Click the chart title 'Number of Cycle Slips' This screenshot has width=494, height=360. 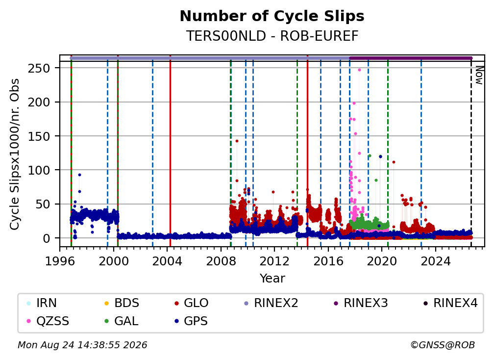pos(272,16)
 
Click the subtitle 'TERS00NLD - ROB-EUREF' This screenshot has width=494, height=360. pos(272,36)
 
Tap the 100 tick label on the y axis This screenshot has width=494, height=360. pos(39,170)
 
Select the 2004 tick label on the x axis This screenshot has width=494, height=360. pos(167,261)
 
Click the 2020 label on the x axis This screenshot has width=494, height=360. pos(382,261)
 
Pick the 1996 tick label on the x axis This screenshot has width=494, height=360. pos(60,261)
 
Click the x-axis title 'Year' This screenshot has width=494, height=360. pos(272,279)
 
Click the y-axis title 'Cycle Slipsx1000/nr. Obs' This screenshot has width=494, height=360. pos(15,154)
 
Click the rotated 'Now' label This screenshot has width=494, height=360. pos(479,75)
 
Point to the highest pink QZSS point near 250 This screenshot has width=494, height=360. pos(359,70)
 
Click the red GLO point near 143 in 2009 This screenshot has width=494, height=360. pos(237,141)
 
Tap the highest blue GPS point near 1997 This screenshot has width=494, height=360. pos(80,175)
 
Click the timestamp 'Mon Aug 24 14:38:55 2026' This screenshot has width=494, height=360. pos(82,345)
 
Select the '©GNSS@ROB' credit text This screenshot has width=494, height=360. pos(443,345)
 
